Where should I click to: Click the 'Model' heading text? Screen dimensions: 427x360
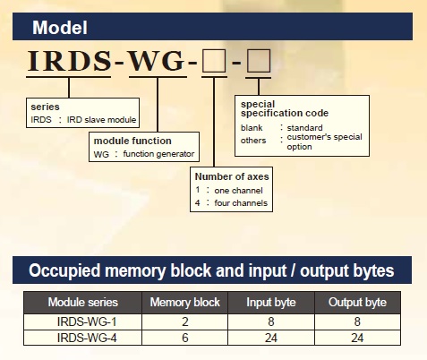(x=60, y=28)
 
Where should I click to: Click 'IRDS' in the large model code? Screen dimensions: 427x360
(x=70, y=61)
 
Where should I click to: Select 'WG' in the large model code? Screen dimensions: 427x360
(x=157, y=61)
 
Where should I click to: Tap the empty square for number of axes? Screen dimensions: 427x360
(x=214, y=61)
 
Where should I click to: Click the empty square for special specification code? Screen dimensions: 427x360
(x=259, y=61)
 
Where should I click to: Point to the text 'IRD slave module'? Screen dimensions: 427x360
(x=101, y=120)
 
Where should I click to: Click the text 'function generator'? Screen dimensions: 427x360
(x=158, y=154)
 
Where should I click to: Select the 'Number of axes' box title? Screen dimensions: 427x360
(x=232, y=176)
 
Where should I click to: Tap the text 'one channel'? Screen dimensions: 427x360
(x=238, y=191)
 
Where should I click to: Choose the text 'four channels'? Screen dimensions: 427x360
(x=241, y=203)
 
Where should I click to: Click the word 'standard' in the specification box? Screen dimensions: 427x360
(x=304, y=128)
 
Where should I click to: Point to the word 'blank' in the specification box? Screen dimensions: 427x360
(x=252, y=128)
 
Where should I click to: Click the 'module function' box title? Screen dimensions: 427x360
(x=132, y=141)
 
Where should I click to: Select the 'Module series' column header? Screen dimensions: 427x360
(x=83, y=302)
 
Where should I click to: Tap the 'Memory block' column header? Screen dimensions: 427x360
(x=185, y=302)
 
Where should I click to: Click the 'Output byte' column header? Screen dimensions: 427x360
(x=357, y=302)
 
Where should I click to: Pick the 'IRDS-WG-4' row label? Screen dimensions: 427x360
(x=87, y=338)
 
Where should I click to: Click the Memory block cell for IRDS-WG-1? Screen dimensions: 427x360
(x=185, y=321)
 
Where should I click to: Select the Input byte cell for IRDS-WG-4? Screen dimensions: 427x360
(x=271, y=338)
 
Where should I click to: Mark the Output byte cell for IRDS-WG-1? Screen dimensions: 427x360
(x=357, y=321)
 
